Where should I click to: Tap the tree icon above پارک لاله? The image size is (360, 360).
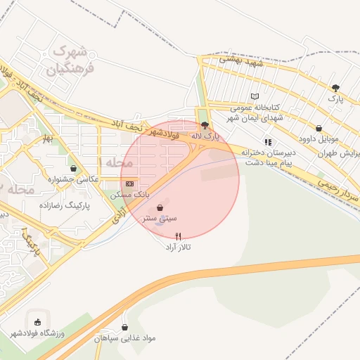[x=205, y=125]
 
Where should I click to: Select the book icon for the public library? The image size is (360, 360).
[x=255, y=96]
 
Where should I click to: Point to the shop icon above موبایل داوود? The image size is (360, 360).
[x=320, y=128]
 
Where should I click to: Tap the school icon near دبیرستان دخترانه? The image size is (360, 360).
[x=267, y=141]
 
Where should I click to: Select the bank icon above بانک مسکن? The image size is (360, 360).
[x=128, y=183]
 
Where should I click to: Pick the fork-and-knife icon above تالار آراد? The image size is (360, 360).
[x=178, y=236]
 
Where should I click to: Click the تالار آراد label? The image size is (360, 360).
[x=178, y=247]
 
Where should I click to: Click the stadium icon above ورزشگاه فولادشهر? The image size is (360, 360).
[x=37, y=321]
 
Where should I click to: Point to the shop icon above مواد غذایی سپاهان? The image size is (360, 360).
[x=125, y=327]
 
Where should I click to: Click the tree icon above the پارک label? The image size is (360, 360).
[x=335, y=89]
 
